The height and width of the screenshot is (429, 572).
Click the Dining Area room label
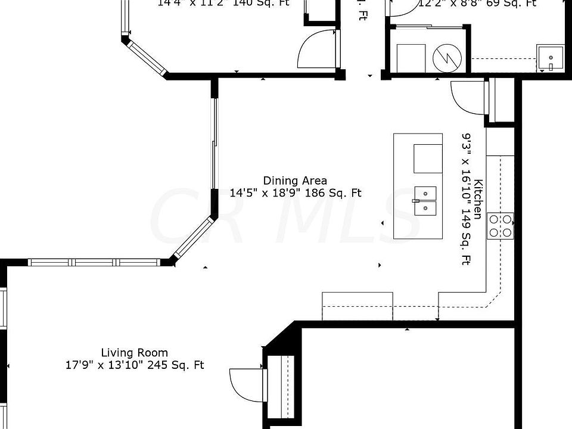click(295, 181)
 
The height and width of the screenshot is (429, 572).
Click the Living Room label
click(134, 352)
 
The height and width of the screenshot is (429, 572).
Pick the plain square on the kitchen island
click(428, 158)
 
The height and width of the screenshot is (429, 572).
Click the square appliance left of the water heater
click(411, 57)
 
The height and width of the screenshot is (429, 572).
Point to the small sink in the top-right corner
click(551, 58)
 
